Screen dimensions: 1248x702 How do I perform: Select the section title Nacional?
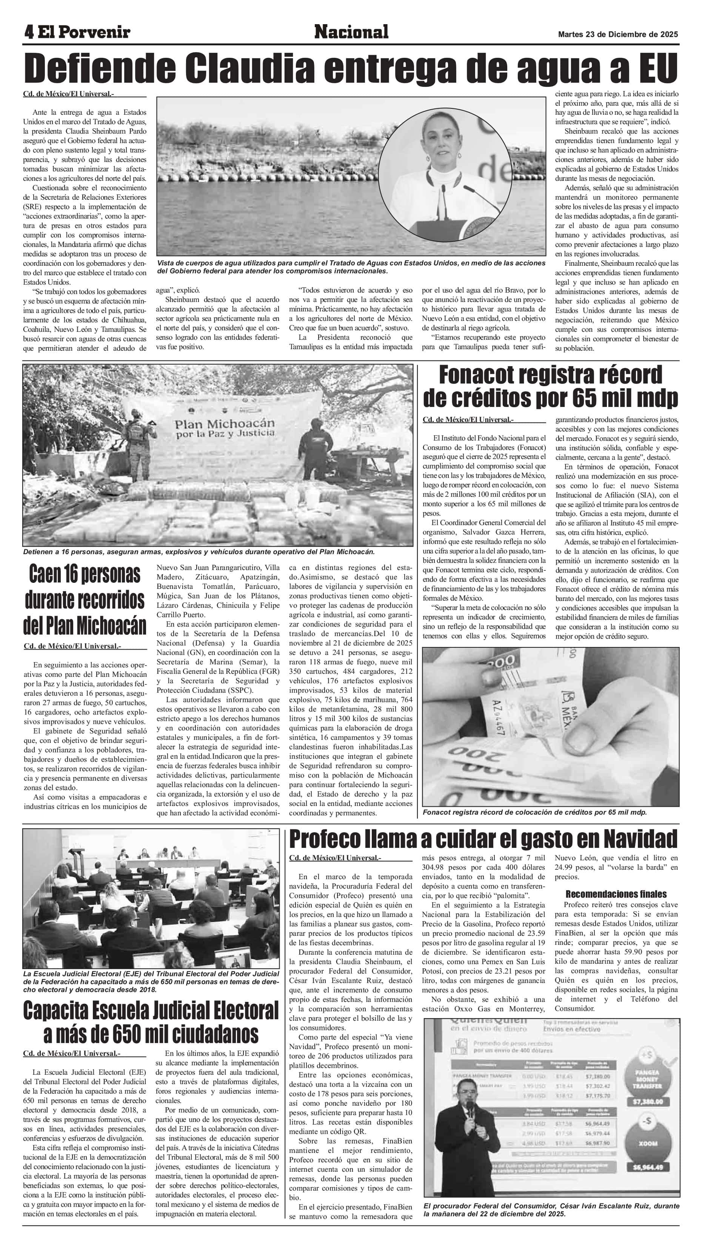click(x=351, y=32)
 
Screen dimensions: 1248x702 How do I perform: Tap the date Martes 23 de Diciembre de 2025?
click(x=618, y=35)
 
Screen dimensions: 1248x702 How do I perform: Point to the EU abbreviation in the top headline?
click(x=658, y=69)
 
